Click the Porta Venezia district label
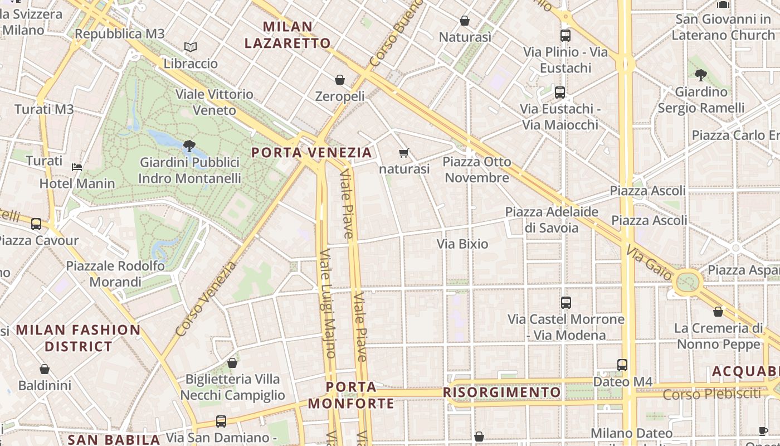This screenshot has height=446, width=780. (x=311, y=152)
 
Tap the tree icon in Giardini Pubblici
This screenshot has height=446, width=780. (x=189, y=146)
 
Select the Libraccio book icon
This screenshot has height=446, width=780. (x=191, y=47)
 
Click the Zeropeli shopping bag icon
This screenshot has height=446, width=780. (x=340, y=80)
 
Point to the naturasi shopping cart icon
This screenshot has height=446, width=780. (x=404, y=153)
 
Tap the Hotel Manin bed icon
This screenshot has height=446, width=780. (x=77, y=167)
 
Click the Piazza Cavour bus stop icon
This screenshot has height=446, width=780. (x=36, y=224)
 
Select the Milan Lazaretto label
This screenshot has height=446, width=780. (x=287, y=35)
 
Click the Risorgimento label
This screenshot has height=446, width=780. (x=501, y=392)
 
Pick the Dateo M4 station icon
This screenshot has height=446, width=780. (x=622, y=365)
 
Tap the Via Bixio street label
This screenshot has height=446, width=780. (x=462, y=244)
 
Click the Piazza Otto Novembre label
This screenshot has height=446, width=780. (x=476, y=169)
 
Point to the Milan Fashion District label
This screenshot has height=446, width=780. (x=78, y=338)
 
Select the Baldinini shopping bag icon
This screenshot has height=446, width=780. (x=45, y=369)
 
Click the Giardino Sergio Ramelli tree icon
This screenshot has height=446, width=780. (x=701, y=75)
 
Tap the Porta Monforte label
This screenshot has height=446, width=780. (x=351, y=395)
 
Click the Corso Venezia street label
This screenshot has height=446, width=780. (x=206, y=299)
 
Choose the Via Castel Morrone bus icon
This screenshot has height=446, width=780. (x=566, y=303)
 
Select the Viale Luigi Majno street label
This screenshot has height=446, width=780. (x=327, y=304)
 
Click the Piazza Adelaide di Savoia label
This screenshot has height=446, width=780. (x=552, y=220)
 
